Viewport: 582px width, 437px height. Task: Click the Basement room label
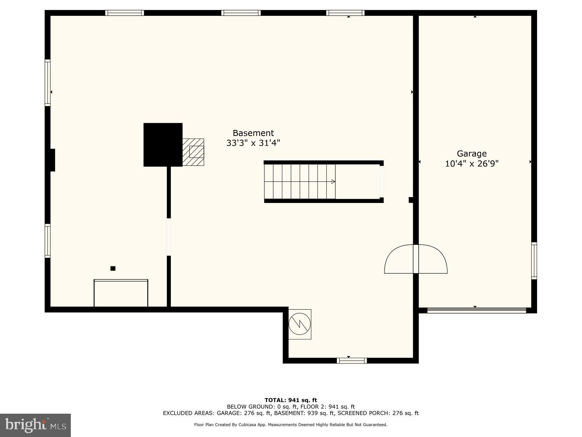(x=253, y=133)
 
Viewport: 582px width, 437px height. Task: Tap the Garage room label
(x=471, y=153)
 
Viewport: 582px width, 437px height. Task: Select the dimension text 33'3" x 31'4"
(x=253, y=143)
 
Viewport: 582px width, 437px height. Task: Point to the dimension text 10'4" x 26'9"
(x=472, y=164)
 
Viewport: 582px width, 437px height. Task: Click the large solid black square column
(x=163, y=145)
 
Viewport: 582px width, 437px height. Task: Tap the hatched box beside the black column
(x=193, y=152)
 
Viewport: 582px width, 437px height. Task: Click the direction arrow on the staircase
(x=333, y=182)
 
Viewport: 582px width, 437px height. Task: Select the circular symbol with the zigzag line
(x=300, y=324)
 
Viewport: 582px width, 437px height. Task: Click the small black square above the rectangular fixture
(x=113, y=268)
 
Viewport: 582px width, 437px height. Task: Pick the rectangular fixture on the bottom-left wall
(x=121, y=293)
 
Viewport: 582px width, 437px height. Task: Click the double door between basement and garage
(x=416, y=259)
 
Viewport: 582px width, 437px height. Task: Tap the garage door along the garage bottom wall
(x=477, y=310)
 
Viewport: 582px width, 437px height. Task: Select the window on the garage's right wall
(x=534, y=261)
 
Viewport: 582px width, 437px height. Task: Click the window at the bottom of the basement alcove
(x=351, y=361)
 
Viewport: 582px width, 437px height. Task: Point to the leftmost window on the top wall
(x=124, y=13)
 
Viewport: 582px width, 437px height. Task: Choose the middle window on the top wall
(x=241, y=13)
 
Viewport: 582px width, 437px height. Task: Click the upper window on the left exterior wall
(x=48, y=83)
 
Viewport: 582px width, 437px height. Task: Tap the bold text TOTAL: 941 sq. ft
(x=291, y=400)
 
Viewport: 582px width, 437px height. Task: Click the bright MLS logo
(x=35, y=425)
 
